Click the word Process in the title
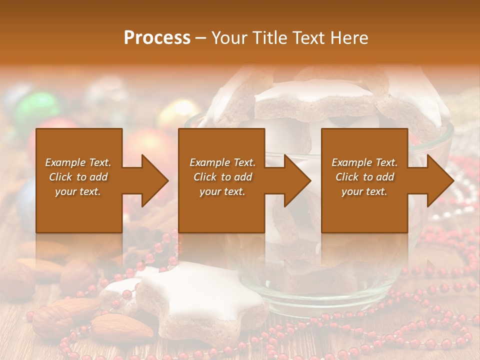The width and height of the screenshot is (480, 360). pyautogui.click(x=157, y=38)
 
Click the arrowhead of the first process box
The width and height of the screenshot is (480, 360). pyautogui.click(x=155, y=180)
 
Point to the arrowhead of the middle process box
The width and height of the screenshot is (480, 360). pyautogui.click(x=298, y=180)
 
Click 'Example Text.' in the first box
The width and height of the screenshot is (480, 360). pyautogui.click(x=78, y=162)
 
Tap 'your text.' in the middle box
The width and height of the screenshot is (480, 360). pyautogui.click(x=222, y=191)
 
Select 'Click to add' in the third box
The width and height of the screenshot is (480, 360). pyautogui.click(x=365, y=177)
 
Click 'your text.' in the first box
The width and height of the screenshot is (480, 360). pyautogui.click(x=78, y=191)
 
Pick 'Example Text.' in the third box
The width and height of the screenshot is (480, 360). pyautogui.click(x=365, y=162)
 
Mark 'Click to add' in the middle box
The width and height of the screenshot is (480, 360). pyautogui.click(x=222, y=177)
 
